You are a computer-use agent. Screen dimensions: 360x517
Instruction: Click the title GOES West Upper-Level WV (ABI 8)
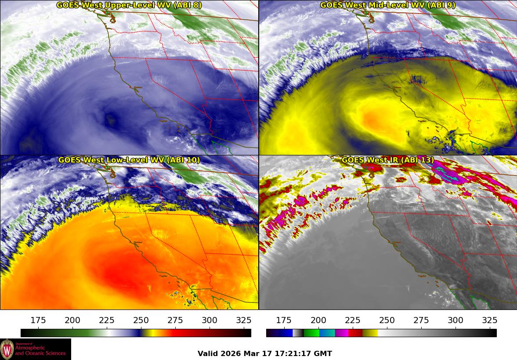click(129, 5)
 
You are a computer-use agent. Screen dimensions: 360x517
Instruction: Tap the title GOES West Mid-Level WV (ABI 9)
click(387, 5)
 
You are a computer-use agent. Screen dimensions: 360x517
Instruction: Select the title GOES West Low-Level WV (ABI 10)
click(129, 160)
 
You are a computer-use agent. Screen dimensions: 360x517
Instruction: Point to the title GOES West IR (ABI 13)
click(387, 160)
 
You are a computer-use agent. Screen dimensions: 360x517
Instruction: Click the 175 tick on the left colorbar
click(38, 320)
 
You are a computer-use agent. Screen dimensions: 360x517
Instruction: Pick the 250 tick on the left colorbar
click(141, 320)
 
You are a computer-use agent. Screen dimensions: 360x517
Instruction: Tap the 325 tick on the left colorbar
click(244, 320)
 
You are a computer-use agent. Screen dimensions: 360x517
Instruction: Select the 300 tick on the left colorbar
click(210, 320)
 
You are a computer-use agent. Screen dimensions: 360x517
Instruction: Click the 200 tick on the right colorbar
click(318, 320)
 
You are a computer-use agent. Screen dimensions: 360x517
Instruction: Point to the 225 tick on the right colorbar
click(352, 320)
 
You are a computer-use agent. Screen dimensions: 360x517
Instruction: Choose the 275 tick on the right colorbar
click(421, 320)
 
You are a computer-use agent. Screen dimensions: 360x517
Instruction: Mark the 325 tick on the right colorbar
click(489, 320)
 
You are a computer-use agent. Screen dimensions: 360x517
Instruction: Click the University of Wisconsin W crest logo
click(7, 349)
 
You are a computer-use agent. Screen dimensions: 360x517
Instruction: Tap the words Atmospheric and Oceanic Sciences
click(40, 350)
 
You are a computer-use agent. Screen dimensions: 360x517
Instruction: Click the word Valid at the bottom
click(208, 353)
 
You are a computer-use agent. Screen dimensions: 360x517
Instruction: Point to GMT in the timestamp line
click(324, 353)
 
